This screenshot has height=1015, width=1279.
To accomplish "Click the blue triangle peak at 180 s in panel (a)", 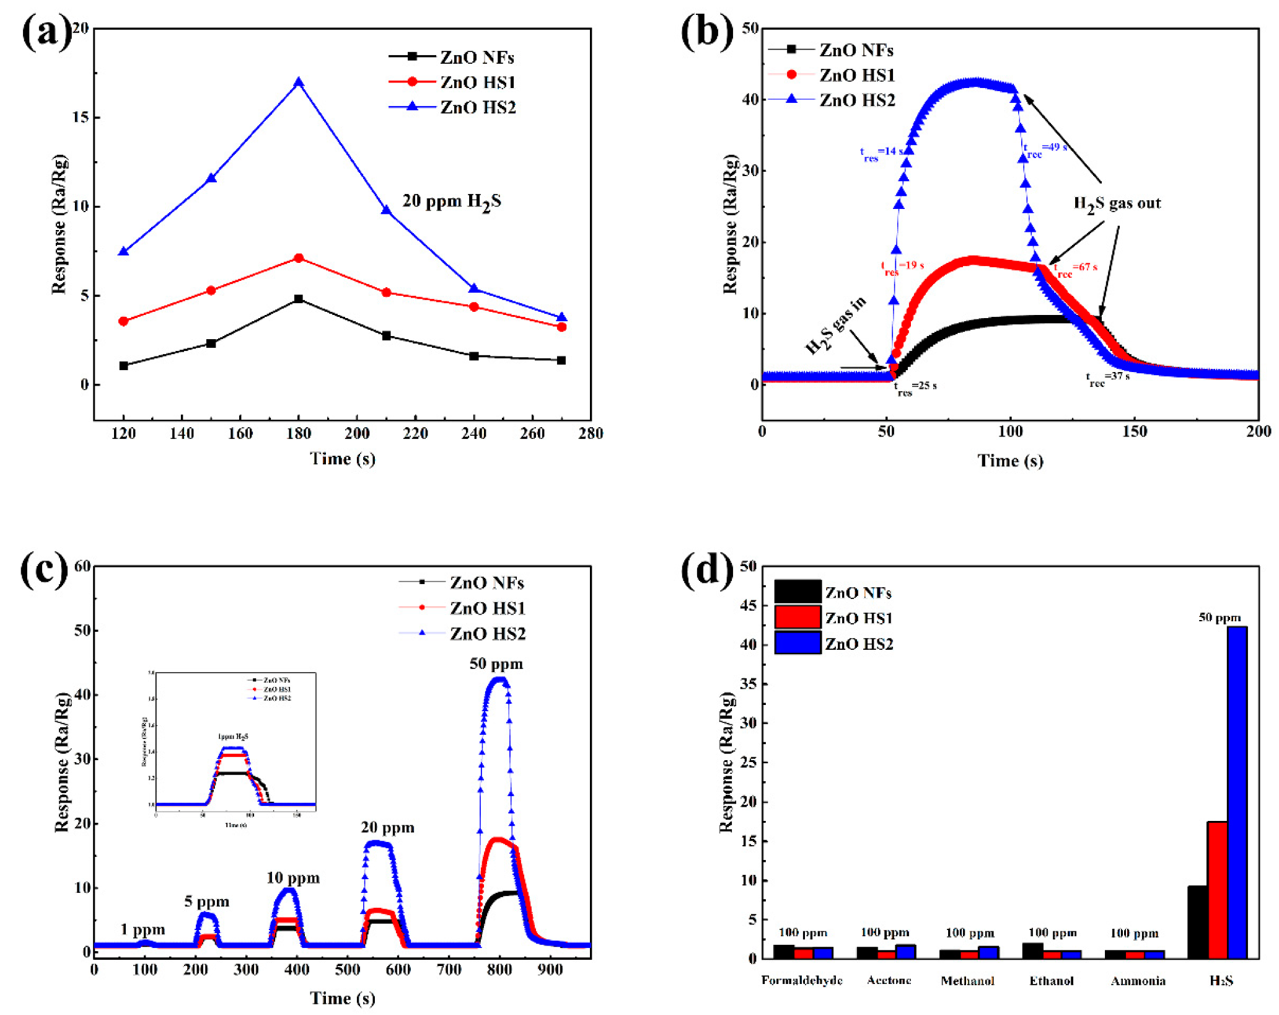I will click(299, 82).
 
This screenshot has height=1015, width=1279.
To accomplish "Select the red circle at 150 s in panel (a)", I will click(211, 290).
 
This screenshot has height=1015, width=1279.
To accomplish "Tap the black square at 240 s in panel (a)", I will click(474, 356).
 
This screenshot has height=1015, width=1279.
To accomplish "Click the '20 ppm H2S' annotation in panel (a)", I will click(452, 202).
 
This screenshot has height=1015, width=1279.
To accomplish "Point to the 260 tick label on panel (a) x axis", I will click(532, 433).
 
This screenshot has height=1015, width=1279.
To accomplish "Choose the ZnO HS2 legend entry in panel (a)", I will click(477, 108).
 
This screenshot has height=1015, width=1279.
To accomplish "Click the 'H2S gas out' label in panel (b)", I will click(1117, 204).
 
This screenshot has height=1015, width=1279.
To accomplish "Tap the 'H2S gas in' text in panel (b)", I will click(835, 326).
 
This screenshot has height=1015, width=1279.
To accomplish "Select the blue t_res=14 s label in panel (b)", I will click(881, 153).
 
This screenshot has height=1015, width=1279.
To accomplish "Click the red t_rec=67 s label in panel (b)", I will click(1076, 268).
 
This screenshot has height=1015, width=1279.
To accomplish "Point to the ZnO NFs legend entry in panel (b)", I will click(855, 50).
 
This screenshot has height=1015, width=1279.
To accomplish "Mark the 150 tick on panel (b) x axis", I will click(1135, 432).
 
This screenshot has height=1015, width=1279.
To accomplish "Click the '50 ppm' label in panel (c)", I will click(496, 664).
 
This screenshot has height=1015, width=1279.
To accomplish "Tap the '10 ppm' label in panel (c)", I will click(293, 878).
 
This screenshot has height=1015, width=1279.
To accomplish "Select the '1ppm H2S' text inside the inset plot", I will click(233, 737).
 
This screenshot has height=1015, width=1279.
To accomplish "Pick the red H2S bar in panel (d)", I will click(1217, 890).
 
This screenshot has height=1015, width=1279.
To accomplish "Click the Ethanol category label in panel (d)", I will click(1052, 981).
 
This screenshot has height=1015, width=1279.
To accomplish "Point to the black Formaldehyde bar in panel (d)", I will click(784, 951).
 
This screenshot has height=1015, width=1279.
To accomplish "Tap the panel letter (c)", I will click(44, 569).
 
